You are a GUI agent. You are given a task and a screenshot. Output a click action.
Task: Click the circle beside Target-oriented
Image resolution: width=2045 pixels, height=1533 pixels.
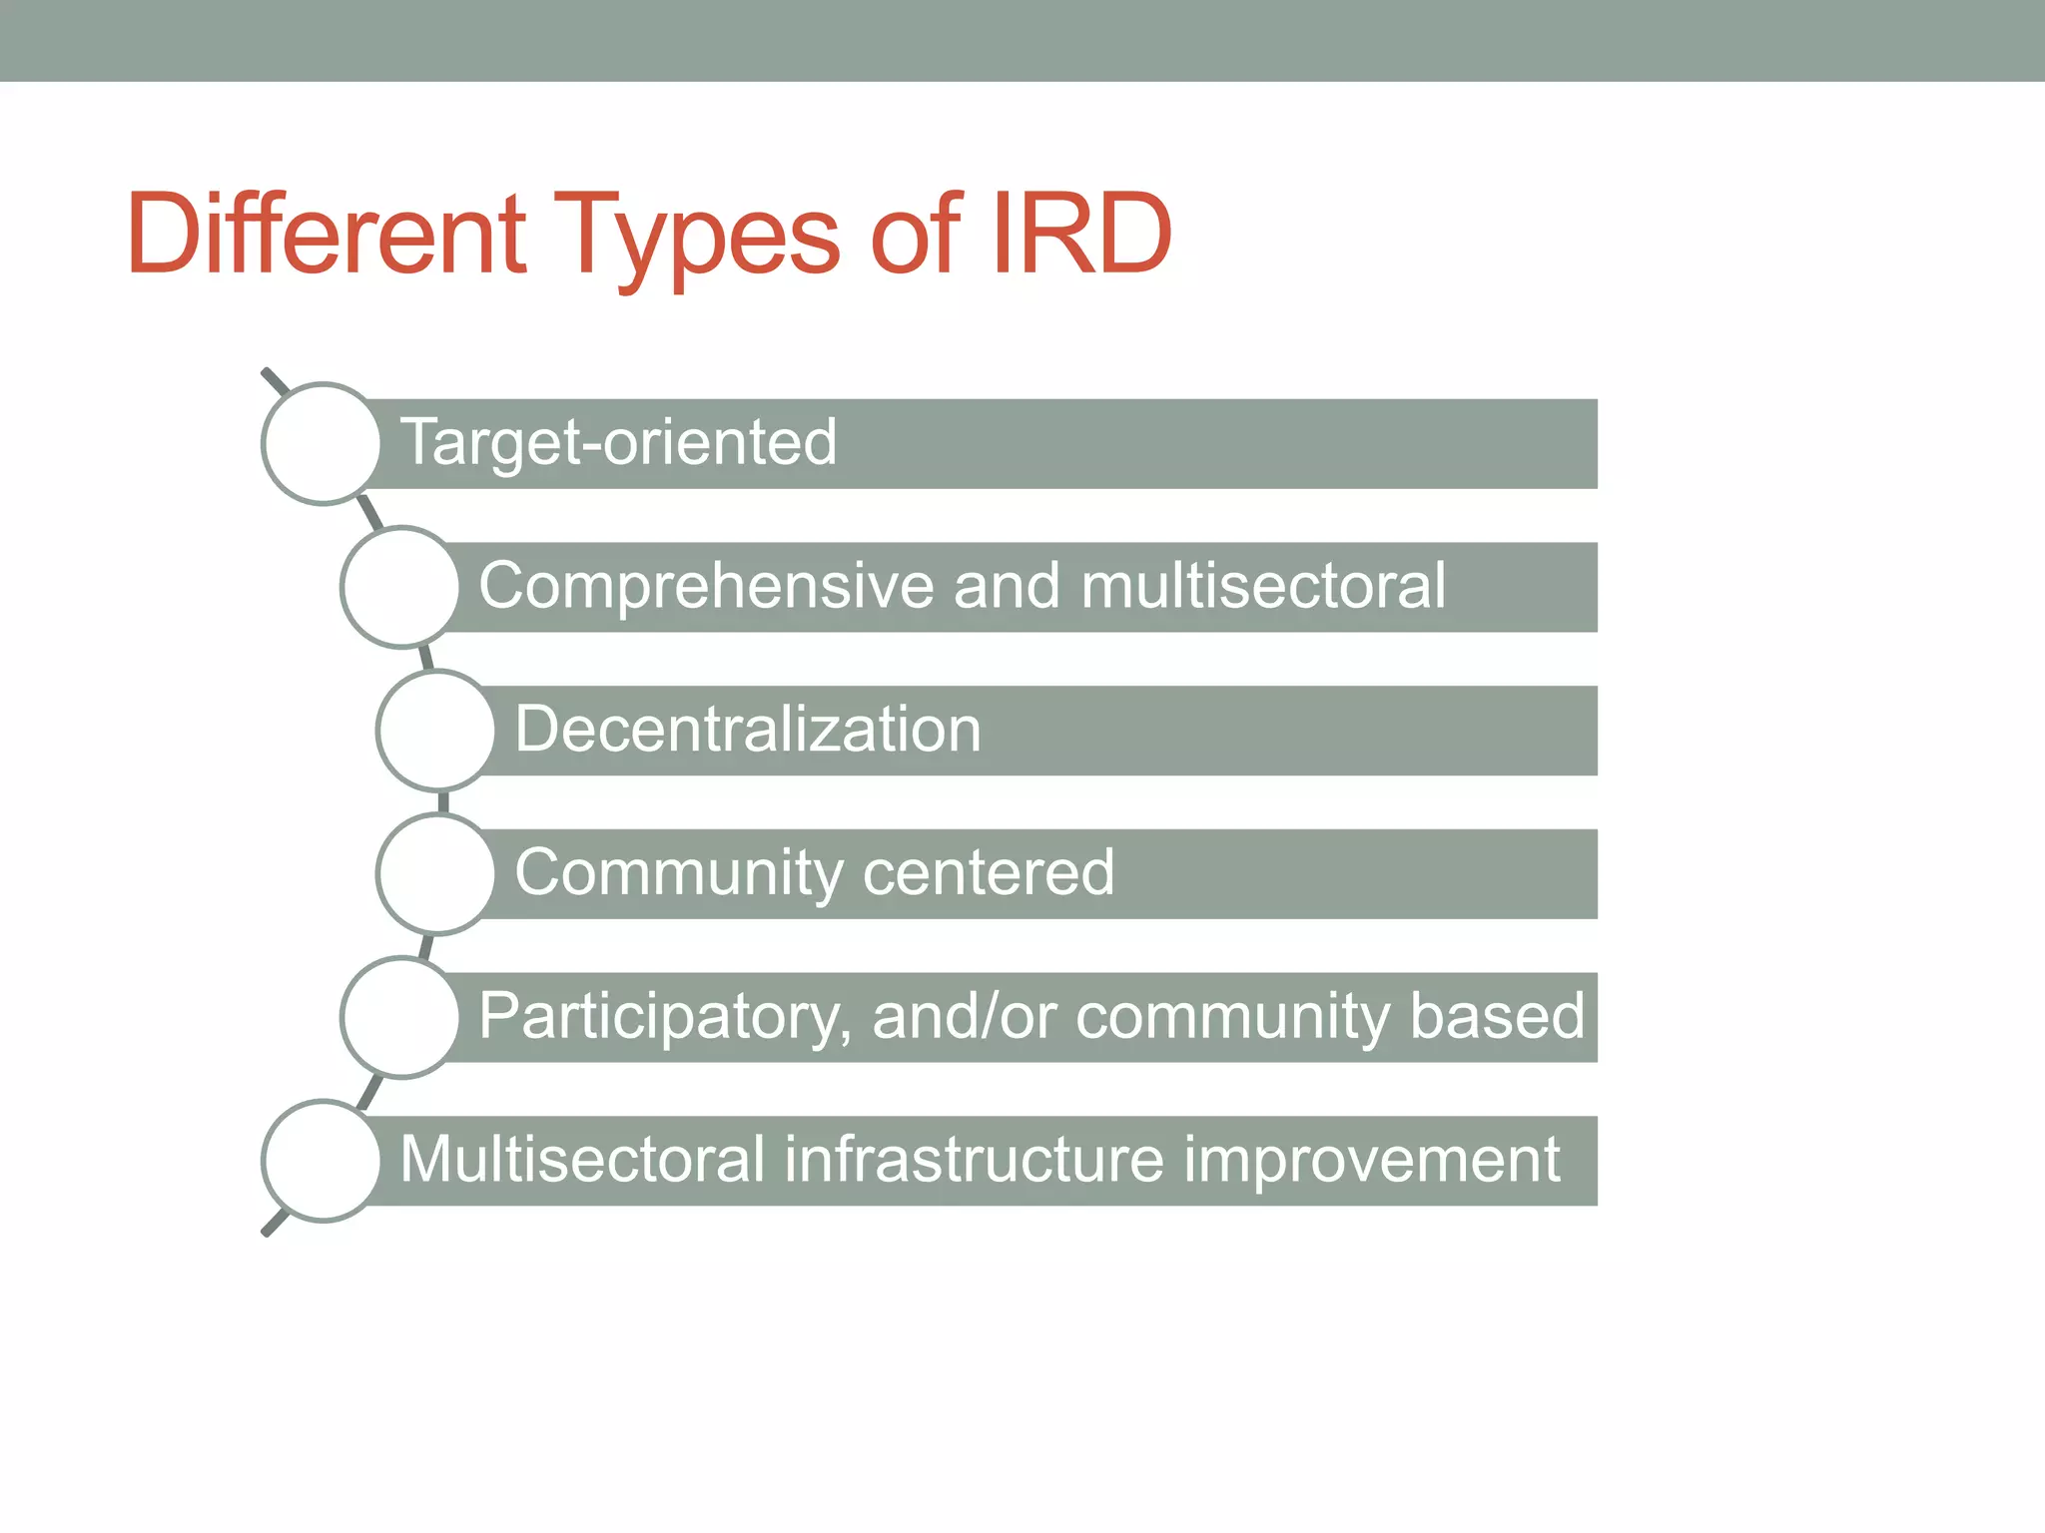coord(322,443)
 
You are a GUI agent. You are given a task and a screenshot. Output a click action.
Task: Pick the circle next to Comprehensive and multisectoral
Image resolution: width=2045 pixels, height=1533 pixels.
coord(400,587)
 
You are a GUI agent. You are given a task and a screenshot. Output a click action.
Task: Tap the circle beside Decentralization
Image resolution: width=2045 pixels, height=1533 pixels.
coord(436,731)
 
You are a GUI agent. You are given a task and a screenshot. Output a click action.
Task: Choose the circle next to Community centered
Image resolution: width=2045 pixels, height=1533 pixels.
coord(436,874)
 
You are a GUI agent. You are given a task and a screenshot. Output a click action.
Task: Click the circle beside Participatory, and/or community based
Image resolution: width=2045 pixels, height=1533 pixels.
coord(400,1017)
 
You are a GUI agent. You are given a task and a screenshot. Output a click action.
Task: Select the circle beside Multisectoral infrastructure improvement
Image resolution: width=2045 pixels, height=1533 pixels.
coord(322,1161)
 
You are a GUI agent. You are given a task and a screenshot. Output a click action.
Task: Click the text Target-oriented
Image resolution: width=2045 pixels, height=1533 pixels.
coord(618,442)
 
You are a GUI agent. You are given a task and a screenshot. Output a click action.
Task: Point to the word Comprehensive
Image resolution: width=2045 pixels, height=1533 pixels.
coord(705,586)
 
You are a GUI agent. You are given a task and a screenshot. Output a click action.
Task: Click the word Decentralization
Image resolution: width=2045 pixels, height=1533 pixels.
coord(748,729)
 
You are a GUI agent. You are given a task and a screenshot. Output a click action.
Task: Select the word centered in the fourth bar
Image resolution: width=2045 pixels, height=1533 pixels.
coord(988,872)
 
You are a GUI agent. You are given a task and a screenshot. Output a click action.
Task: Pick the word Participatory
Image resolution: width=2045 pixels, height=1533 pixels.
coord(664,1017)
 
